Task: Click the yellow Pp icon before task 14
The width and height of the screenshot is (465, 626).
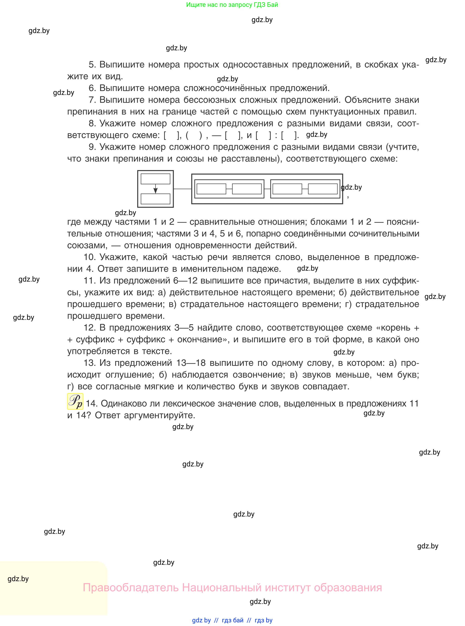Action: (x=75, y=401)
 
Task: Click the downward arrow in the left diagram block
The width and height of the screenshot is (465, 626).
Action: (x=155, y=189)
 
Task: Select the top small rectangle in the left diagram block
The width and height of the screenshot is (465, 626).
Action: (x=155, y=179)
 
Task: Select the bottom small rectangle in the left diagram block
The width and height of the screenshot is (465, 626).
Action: (x=155, y=199)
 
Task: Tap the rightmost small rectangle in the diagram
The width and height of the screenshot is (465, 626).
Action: (x=323, y=189)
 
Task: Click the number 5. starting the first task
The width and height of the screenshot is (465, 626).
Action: (x=92, y=65)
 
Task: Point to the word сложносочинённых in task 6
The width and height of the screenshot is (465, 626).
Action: (x=225, y=88)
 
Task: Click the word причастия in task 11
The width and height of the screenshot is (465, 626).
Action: (x=289, y=281)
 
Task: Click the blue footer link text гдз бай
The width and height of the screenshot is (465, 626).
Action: (x=233, y=620)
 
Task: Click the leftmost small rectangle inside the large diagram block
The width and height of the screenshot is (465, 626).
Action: (x=211, y=189)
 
